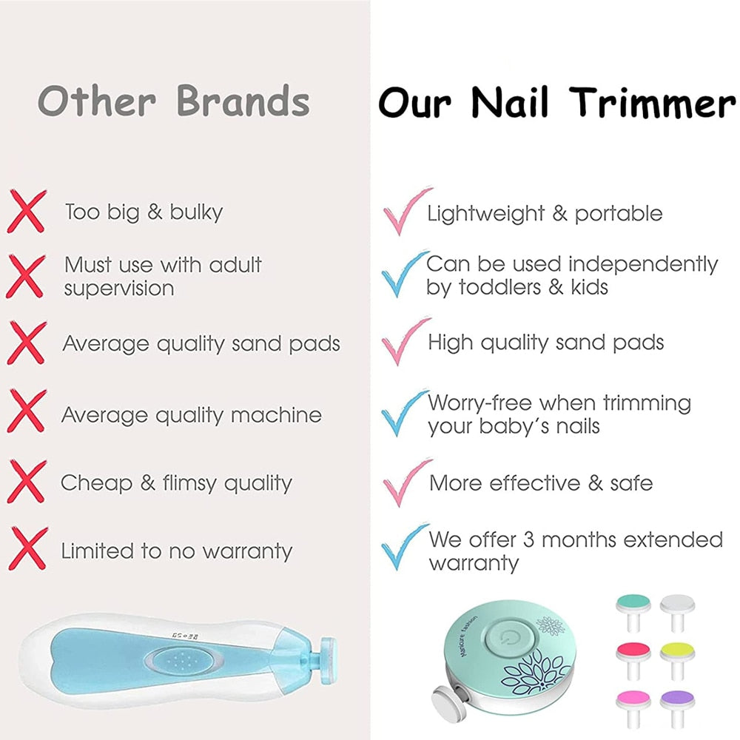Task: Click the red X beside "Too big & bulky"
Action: point(27,210)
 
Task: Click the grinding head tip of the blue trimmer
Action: point(323,657)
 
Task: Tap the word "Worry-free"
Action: point(480,404)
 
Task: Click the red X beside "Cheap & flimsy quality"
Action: point(27,481)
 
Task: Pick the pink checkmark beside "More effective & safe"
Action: point(406,482)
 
